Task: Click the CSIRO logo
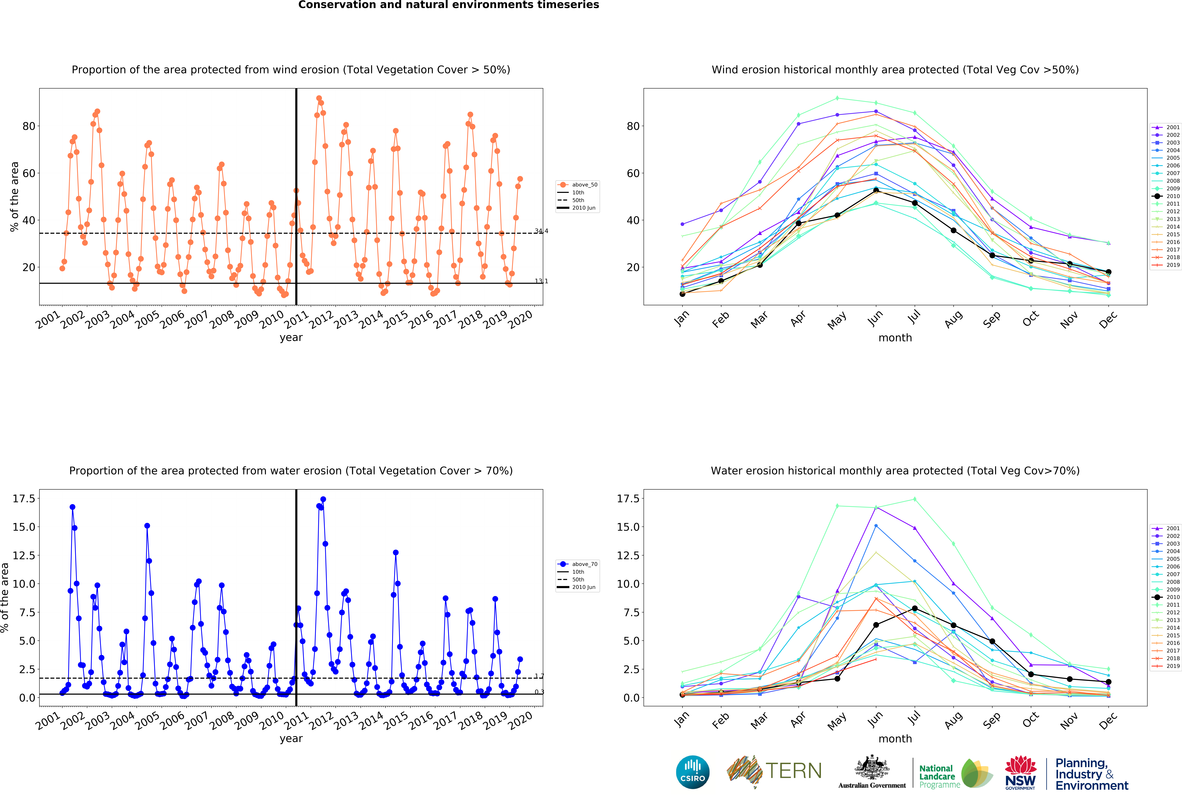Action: point(693,772)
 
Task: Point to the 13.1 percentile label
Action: point(541,281)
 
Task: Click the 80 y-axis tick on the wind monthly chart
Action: point(633,126)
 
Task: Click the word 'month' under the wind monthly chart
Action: point(895,338)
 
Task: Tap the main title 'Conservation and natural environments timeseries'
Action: point(449,5)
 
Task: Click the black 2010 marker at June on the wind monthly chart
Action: point(876,190)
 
